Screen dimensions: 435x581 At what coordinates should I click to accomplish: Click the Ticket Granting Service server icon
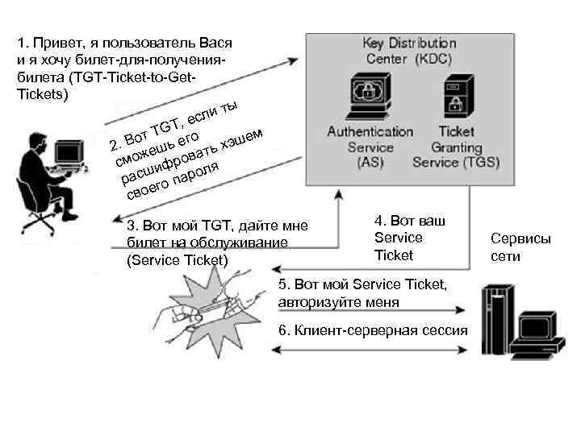(456, 96)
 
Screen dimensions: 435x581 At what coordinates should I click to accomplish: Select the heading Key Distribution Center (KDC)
(409, 51)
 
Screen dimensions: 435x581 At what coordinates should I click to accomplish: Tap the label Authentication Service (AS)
(370, 147)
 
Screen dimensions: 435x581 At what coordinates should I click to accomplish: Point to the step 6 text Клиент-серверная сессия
(373, 331)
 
